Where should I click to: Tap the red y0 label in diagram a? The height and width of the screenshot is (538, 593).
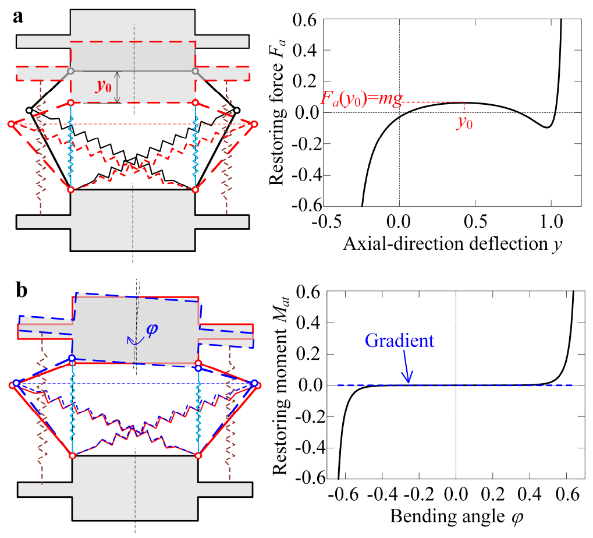[x=103, y=87]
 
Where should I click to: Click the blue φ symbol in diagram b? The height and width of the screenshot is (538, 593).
[x=152, y=330]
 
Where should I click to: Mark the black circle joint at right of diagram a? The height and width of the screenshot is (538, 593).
[x=237, y=110]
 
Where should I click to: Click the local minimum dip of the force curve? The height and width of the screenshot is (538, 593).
[x=547, y=127]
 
